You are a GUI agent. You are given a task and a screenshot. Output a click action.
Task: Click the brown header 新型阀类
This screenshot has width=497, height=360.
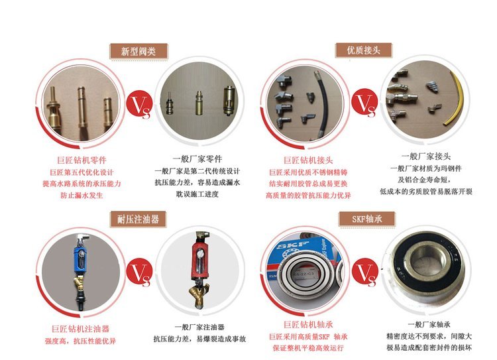(138, 52)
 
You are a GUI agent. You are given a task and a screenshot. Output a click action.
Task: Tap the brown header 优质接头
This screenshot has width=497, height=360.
(364, 50)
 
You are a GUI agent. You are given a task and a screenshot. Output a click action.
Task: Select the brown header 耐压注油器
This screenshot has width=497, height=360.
(138, 219)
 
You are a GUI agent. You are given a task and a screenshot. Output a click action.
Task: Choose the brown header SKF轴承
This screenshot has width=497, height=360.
(367, 219)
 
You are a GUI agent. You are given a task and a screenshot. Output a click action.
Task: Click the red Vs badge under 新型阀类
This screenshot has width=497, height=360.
(139, 104)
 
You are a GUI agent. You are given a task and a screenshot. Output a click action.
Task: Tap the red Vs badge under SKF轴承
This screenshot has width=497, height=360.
(365, 272)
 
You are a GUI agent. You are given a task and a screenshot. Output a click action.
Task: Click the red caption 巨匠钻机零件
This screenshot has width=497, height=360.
(82, 160)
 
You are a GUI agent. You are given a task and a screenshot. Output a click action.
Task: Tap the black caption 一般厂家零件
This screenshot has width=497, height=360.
(197, 159)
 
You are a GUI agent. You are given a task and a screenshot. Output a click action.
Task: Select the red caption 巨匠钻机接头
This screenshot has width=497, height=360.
(308, 160)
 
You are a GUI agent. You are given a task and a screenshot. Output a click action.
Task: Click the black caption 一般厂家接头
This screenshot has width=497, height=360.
(426, 156)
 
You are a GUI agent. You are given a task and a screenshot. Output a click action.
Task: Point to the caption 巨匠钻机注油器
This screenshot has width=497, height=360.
(80, 329)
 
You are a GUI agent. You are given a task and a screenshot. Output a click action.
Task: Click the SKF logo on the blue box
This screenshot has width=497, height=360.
(292, 246)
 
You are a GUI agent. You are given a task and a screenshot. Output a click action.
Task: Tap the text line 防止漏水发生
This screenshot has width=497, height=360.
(82, 196)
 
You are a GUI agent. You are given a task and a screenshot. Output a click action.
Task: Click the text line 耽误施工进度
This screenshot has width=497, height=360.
(197, 194)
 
